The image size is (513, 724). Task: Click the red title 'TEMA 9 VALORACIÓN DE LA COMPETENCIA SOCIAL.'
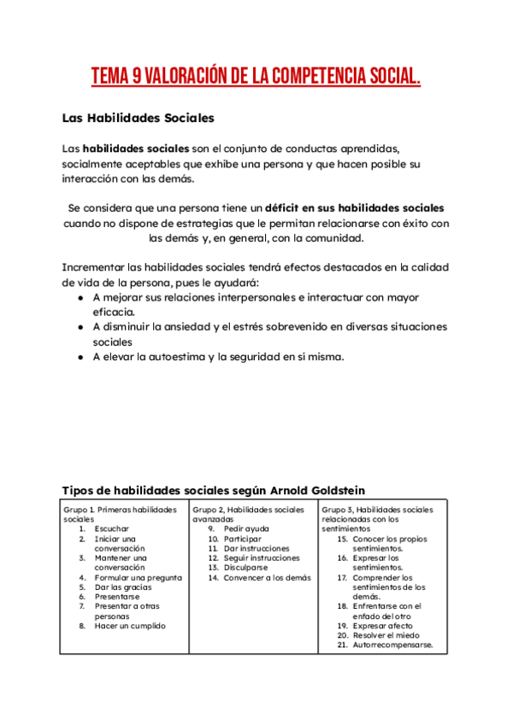pyautogui.click(x=256, y=78)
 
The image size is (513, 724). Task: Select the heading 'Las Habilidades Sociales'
pyautogui.click(x=139, y=117)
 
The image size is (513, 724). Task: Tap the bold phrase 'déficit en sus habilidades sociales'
pyautogui.click(x=354, y=208)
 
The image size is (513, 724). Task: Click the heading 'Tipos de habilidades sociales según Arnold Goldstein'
pyautogui.click(x=214, y=490)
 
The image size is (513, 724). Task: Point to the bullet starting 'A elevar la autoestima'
pyautogui.click(x=218, y=357)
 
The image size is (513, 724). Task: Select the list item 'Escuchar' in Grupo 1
pyautogui.click(x=112, y=529)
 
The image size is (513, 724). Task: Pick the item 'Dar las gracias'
pyautogui.click(x=123, y=587)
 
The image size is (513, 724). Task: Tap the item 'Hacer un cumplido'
pyautogui.click(x=130, y=626)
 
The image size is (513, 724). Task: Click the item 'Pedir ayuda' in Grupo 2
pyautogui.click(x=246, y=529)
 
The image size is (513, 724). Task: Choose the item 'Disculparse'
pyautogui.click(x=245, y=568)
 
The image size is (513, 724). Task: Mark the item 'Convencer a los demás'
pyautogui.click(x=267, y=578)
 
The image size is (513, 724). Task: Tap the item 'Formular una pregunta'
pyautogui.click(x=138, y=578)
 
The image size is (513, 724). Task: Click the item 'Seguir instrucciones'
pyautogui.click(x=262, y=558)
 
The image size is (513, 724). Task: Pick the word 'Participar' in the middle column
pyautogui.click(x=243, y=540)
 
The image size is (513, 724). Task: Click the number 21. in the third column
pyautogui.click(x=342, y=645)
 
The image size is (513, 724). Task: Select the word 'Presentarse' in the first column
pyautogui.click(x=117, y=597)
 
